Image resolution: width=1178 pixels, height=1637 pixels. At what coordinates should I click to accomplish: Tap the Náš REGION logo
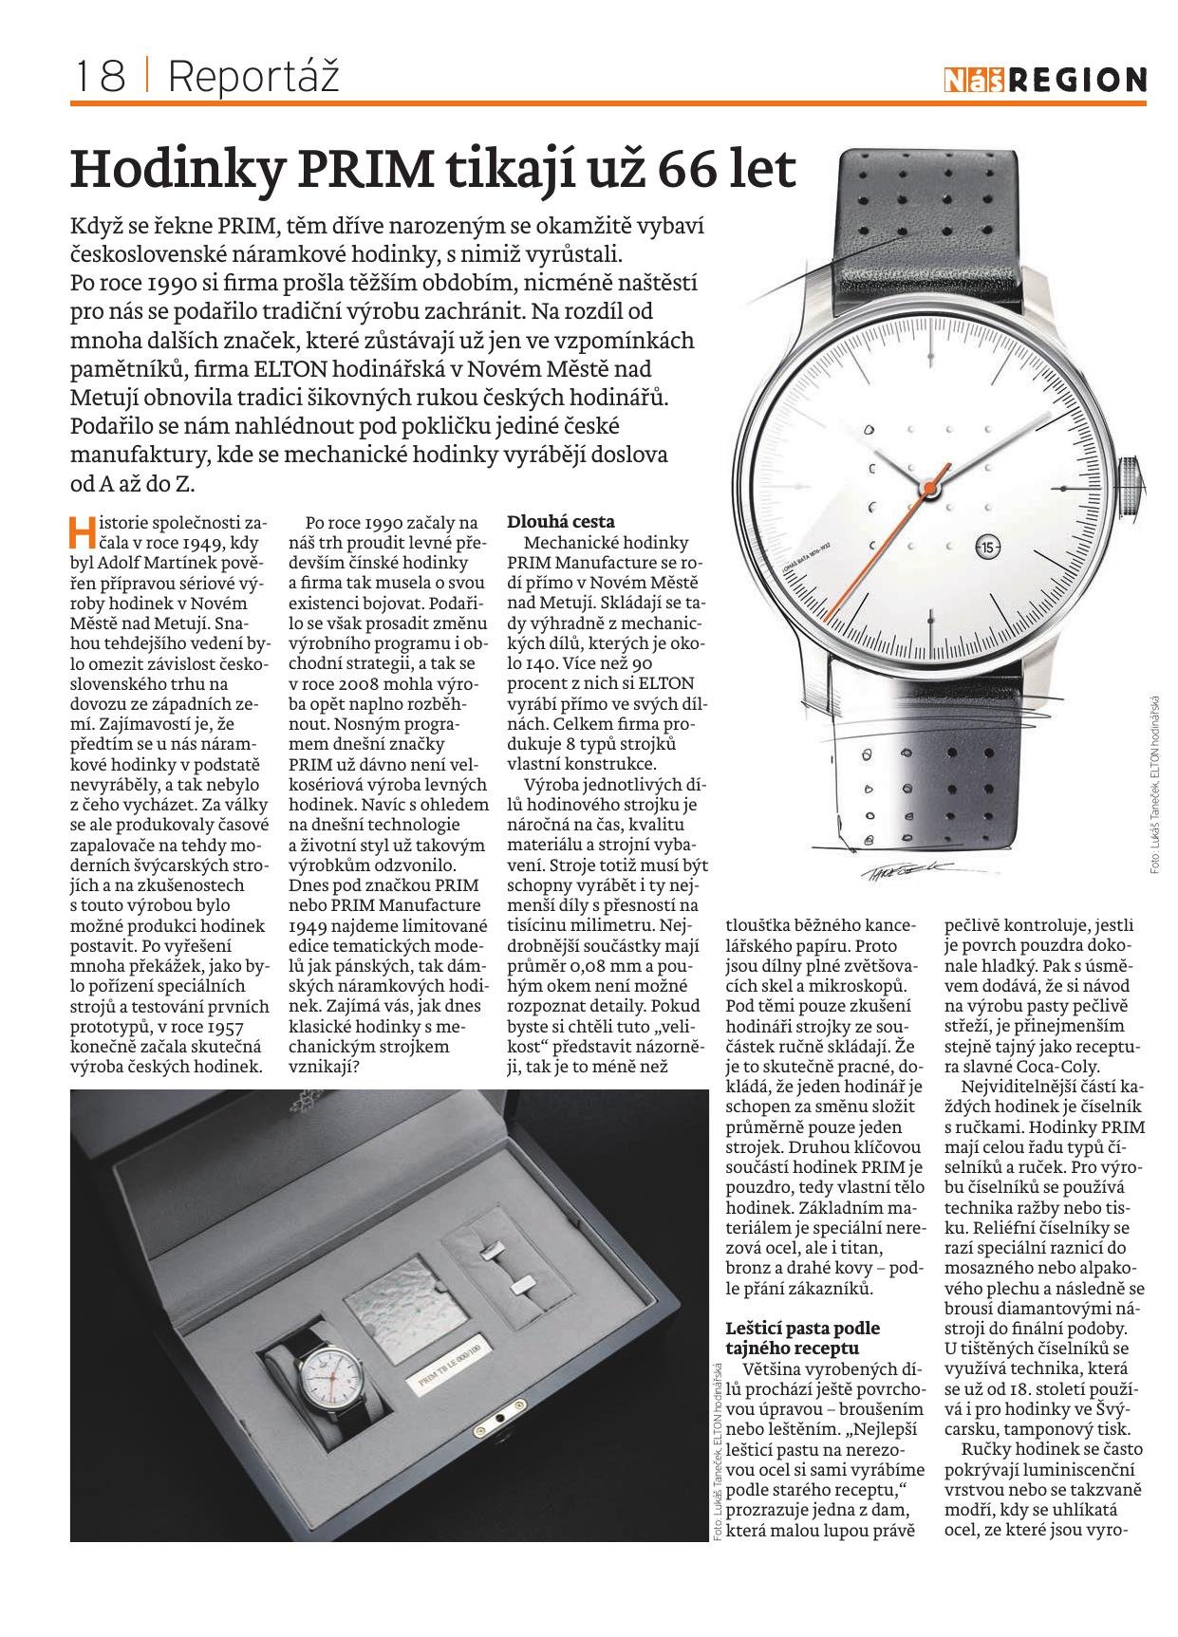tap(1045, 81)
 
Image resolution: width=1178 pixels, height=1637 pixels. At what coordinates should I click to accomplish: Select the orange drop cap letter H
tap(83, 531)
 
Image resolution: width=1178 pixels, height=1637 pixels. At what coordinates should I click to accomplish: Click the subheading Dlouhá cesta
tap(561, 521)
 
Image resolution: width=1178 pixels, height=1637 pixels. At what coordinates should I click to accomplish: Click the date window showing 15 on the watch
tap(987, 548)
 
